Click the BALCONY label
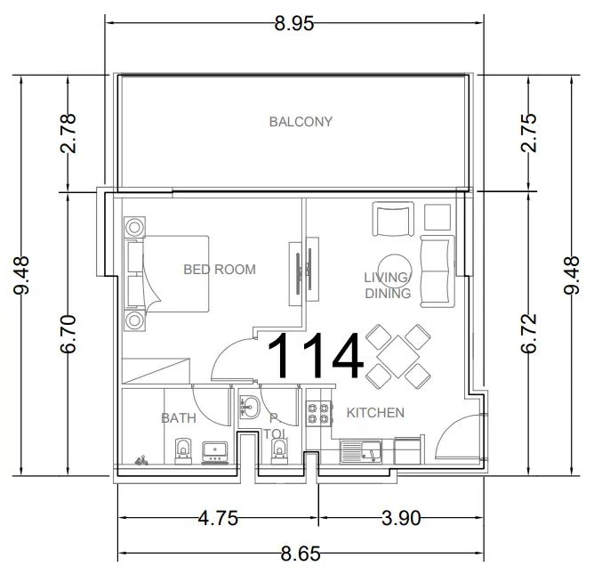301,122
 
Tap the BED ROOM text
220,269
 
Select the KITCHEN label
375,413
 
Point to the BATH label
179,417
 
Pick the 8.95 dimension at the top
294,24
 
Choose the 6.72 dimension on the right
530,333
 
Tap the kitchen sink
360,450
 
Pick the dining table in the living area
395,354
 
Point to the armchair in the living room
393,219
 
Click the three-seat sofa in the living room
437,271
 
